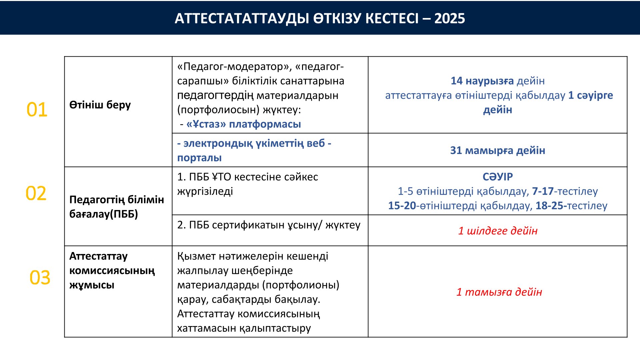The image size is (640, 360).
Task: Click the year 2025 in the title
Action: click(x=449, y=18)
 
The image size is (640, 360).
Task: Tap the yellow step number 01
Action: click(x=37, y=110)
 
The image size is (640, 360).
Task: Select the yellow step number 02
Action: click(x=36, y=193)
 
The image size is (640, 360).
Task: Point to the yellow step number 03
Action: click(x=40, y=278)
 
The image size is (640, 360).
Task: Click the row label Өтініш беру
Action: click(x=100, y=105)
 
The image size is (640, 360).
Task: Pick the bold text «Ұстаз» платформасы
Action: click(x=244, y=124)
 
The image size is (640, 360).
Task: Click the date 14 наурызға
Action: click(x=482, y=81)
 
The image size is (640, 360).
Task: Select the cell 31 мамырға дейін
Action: click(x=498, y=150)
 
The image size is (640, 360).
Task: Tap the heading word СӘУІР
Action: click(x=498, y=177)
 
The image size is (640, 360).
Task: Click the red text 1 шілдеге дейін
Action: click(x=498, y=231)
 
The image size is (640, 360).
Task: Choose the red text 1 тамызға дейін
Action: click(x=499, y=292)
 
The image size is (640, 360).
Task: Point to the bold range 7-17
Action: click(x=543, y=191)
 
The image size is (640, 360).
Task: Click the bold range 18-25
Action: click(x=551, y=206)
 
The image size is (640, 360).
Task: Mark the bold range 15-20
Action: click(x=402, y=206)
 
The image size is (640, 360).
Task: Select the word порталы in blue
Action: click(x=199, y=158)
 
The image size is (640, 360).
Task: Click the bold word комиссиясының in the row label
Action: click(x=112, y=271)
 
